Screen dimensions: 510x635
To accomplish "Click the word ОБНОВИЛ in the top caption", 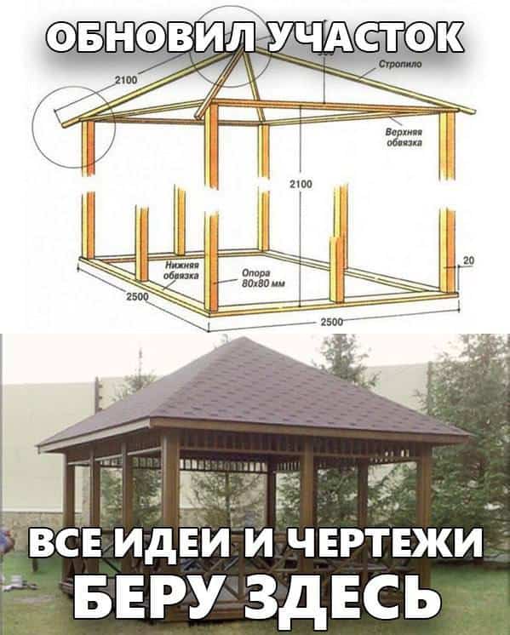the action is coord(151,37).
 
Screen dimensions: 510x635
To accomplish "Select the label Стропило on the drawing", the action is coord(400,64).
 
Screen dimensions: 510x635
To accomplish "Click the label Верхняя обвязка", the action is coord(404,137).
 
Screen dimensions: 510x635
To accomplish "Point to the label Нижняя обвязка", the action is coord(181,270).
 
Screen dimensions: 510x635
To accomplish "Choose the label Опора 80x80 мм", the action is coord(263,278).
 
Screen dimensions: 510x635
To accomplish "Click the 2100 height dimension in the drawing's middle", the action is coord(301,184).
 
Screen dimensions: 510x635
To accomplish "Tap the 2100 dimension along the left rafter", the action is coord(126,80).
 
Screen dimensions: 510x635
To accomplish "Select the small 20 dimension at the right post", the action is coord(468,260).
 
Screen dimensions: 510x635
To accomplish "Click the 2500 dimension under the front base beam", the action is coord(332,322).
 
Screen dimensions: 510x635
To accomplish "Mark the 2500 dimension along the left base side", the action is coord(137,297).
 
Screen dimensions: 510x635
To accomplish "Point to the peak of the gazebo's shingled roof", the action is coord(244,338).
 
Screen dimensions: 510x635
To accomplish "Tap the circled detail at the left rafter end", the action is coord(74,127).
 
